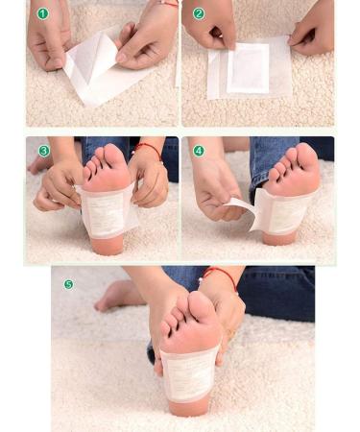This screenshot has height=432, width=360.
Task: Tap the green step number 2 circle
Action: pos(199,14)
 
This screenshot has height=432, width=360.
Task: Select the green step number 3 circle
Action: pos(44,151)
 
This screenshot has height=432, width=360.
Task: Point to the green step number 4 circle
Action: pos(199,151)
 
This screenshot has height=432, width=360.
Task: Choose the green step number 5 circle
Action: pos(68,284)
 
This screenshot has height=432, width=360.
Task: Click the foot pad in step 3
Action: pos(106,212)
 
